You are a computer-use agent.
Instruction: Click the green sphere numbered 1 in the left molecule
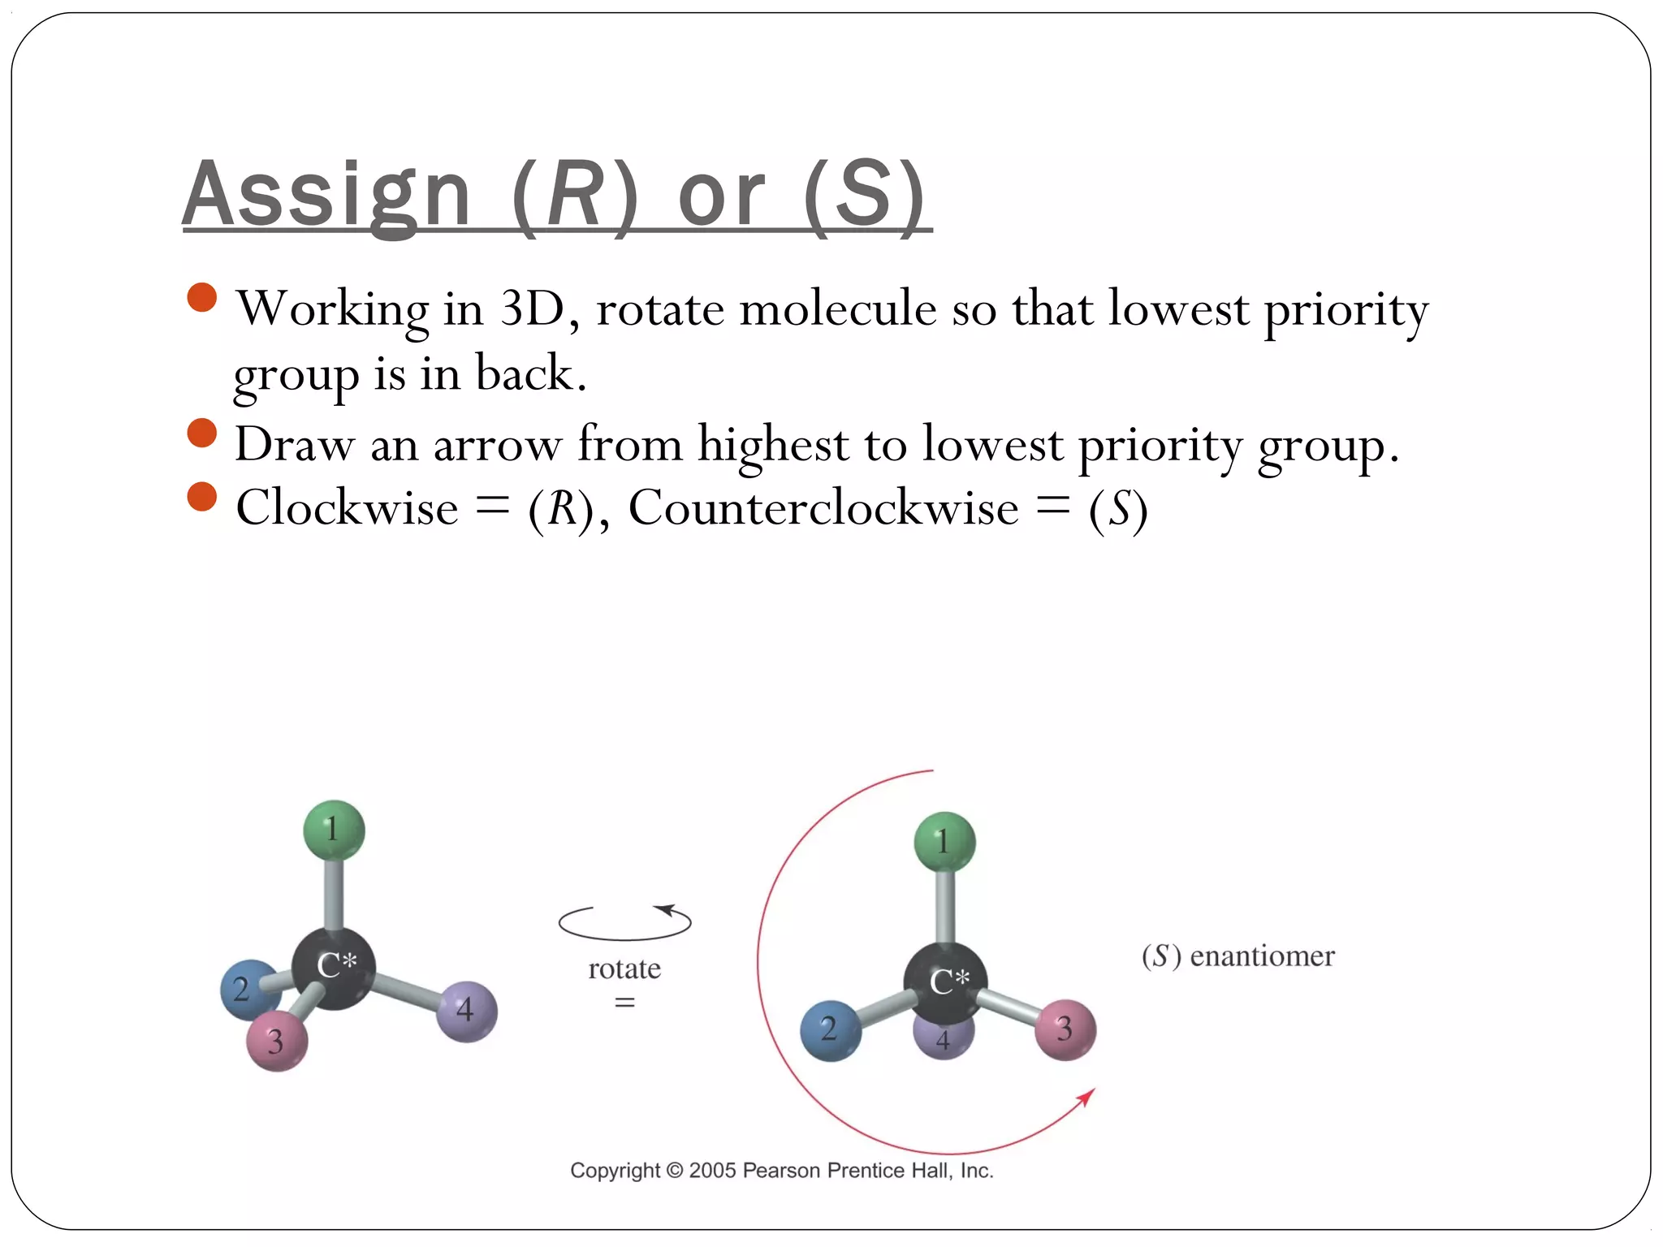pyautogui.click(x=334, y=830)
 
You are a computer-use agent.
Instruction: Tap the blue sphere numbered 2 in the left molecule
pyautogui.click(x=246, y=990)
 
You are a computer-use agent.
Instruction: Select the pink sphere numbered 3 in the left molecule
pyautogui.click(x=277, y=1041)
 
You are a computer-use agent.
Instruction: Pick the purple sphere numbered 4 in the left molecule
pyautogui.click(x=466, y=1011)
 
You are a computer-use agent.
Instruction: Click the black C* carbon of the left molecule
pyautogui.click(x=334, y=968)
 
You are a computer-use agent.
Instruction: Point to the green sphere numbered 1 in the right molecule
pyautogui.click(x=944, y=842)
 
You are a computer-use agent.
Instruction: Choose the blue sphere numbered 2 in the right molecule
pyautogui.click(x=830, y=1030)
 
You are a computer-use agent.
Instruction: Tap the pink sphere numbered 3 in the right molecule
pyautogui.click(x=1065, y=1029)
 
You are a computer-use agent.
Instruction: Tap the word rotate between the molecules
pyautogui.click(x=624, y=969)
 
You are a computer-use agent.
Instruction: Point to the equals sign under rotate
pyautogui.click(x=624, y=1003)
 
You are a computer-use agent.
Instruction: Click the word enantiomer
pyautogui.click(x=1262, y=956)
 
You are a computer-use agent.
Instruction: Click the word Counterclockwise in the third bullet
pyautogui.click(x=823, y=509)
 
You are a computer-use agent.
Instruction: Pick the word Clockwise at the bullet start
pyautogui.click(x=347, y=509)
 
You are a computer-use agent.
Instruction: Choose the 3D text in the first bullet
pyautogui.click(x=533, y=309)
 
